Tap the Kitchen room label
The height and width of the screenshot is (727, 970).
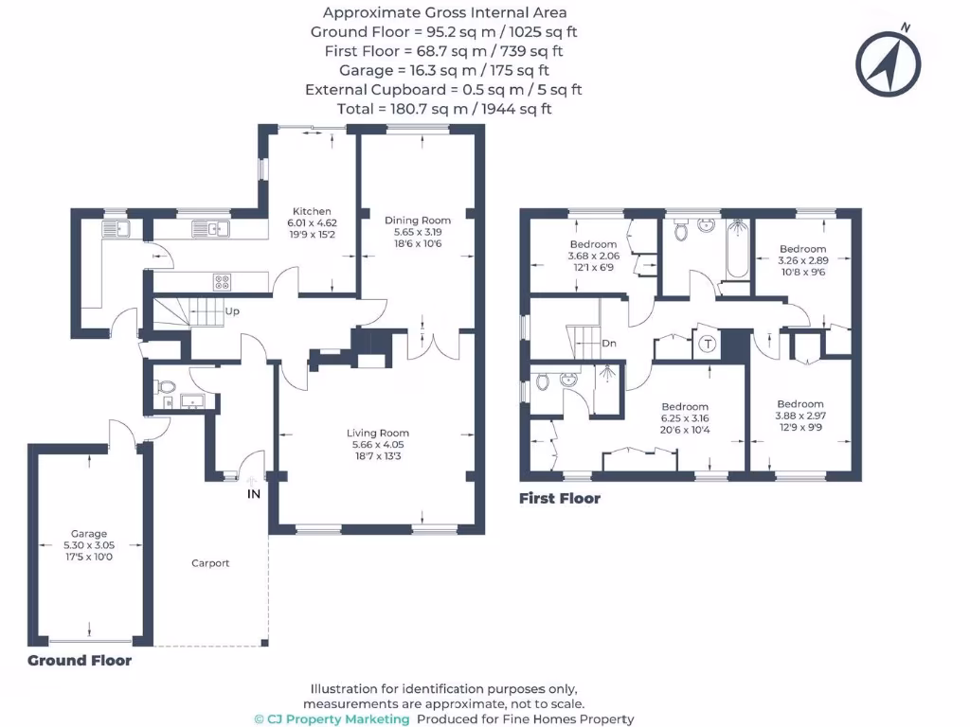312,211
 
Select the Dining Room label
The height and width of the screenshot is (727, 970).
418,221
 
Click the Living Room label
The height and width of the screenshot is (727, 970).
378,434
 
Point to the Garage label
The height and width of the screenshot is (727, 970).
89,534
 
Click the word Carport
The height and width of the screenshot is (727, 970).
210,563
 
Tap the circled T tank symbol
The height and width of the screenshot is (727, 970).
707,345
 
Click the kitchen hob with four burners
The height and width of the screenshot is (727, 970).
222,281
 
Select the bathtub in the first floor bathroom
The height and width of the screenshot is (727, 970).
738,249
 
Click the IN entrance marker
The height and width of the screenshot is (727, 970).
253,494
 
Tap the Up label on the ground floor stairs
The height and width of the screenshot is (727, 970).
231,310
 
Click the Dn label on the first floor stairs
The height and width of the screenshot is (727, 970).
608,343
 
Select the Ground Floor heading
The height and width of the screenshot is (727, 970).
80,661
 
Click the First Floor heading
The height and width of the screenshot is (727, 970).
559,499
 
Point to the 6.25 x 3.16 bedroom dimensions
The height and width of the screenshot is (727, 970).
684,418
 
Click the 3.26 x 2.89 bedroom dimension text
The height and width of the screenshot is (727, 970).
803,260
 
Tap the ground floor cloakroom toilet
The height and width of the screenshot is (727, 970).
165,386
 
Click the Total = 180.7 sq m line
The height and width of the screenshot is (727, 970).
443,109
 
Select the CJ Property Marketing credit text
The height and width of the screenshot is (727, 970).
332,718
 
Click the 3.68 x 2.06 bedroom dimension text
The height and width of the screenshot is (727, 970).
593,256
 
